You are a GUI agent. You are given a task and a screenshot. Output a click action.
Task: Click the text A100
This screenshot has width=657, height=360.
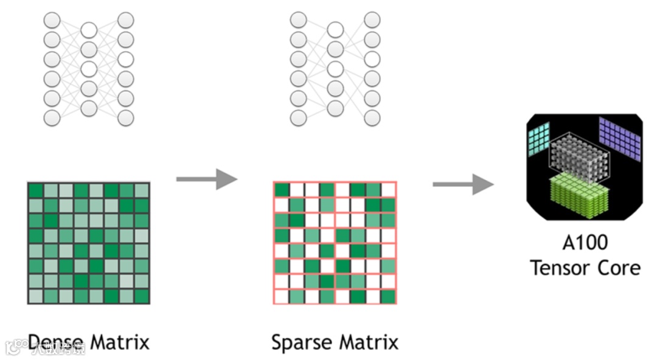(585, 243)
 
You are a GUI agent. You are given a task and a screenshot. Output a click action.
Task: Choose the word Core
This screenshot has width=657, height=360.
(619, 268)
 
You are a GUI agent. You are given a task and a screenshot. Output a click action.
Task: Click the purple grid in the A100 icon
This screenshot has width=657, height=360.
(620, 138)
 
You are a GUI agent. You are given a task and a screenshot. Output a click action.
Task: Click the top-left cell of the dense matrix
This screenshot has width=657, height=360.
(36, 190)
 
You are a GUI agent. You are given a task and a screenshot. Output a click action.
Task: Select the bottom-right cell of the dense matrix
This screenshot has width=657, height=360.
(142, 296)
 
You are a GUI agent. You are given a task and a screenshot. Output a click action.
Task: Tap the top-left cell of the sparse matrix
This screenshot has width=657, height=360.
(281, 190)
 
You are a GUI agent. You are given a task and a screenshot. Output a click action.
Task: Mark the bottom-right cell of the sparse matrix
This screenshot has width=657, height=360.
(388, 297)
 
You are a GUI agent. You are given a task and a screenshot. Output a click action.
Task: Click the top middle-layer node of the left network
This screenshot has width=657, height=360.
(89, 30)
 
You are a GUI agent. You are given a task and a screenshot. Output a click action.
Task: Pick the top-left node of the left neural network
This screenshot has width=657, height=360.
(52, 21)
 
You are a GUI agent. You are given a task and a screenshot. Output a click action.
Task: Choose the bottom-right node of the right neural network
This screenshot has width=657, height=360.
(372, 117)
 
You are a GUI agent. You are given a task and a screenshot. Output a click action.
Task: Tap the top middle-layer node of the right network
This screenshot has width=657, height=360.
(335, 30)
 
